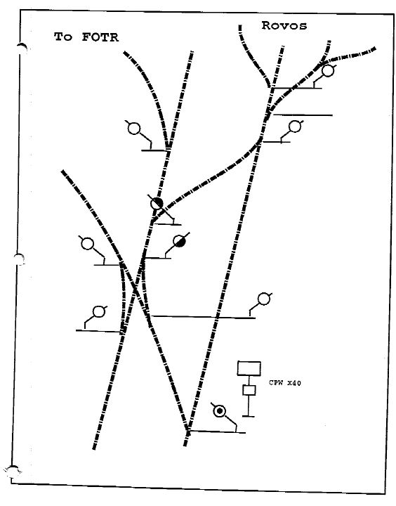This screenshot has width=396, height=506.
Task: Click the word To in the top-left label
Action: click(63, 37)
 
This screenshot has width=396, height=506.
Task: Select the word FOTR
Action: click(100, 37)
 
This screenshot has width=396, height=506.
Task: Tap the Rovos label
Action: click(284, 25)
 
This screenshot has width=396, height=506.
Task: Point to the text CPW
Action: click(276, 383)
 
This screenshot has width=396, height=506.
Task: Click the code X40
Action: click(294, 383)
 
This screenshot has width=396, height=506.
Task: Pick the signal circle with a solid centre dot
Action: click(219, 411)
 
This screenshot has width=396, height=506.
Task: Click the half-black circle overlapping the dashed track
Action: click(157, 204)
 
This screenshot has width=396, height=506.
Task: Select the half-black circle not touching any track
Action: click(180, 241)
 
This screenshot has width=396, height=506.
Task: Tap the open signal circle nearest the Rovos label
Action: click(328, 71)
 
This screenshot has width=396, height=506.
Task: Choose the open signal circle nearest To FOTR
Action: click(134, 129)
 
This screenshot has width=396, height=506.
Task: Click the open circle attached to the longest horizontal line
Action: click(264, 299)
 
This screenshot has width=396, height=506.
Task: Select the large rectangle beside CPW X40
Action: click(249, 368)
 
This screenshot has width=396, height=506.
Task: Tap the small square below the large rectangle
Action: click(249, 390)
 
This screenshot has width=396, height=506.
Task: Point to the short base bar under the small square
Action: click(249, 416)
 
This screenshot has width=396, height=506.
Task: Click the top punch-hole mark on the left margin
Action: click(22, 48)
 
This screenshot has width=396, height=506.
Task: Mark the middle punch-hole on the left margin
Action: click(20, 259)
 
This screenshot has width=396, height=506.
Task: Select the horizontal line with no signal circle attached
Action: click(303, 115)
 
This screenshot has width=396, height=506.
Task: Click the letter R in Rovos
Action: click(266, 25)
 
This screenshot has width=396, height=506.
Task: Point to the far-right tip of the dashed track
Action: click(376, 48)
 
